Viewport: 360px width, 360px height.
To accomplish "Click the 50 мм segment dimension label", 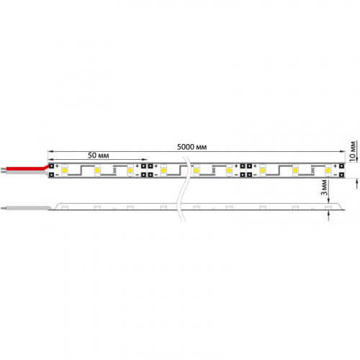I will coord(99,156).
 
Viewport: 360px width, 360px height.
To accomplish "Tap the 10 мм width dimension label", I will coord(353,149).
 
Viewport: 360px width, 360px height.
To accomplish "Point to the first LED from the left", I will coord(64,171).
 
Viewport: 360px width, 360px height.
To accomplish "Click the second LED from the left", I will coord(97,171).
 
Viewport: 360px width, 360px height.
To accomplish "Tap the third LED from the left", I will coord(130,171).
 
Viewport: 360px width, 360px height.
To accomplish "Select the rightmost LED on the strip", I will coord(328,171).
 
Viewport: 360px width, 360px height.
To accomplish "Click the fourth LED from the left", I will coord(164,171).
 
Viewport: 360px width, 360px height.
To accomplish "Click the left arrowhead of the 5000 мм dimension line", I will coord(50,152).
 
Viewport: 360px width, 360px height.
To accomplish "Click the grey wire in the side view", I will coord(29,207).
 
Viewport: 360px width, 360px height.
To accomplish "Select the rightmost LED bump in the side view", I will coord(328,207).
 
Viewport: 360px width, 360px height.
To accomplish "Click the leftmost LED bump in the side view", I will coord(64,207).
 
